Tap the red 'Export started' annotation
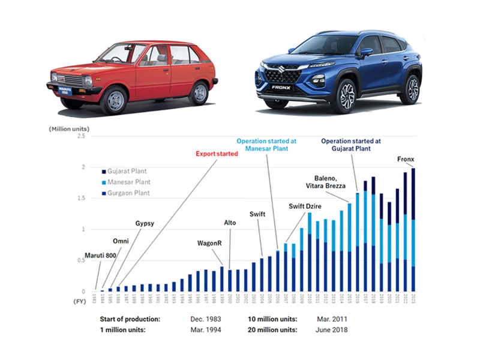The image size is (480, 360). [x=217, y=154]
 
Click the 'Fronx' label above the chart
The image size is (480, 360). [x=406, y=159]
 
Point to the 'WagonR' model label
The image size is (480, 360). [x=209, y=243]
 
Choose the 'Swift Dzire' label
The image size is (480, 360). [x=305, y=206]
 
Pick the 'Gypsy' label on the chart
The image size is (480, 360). [x=145, y=224]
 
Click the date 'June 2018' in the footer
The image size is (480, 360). [x=332, y=329]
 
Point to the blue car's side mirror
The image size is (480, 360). [x=366, y=52]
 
